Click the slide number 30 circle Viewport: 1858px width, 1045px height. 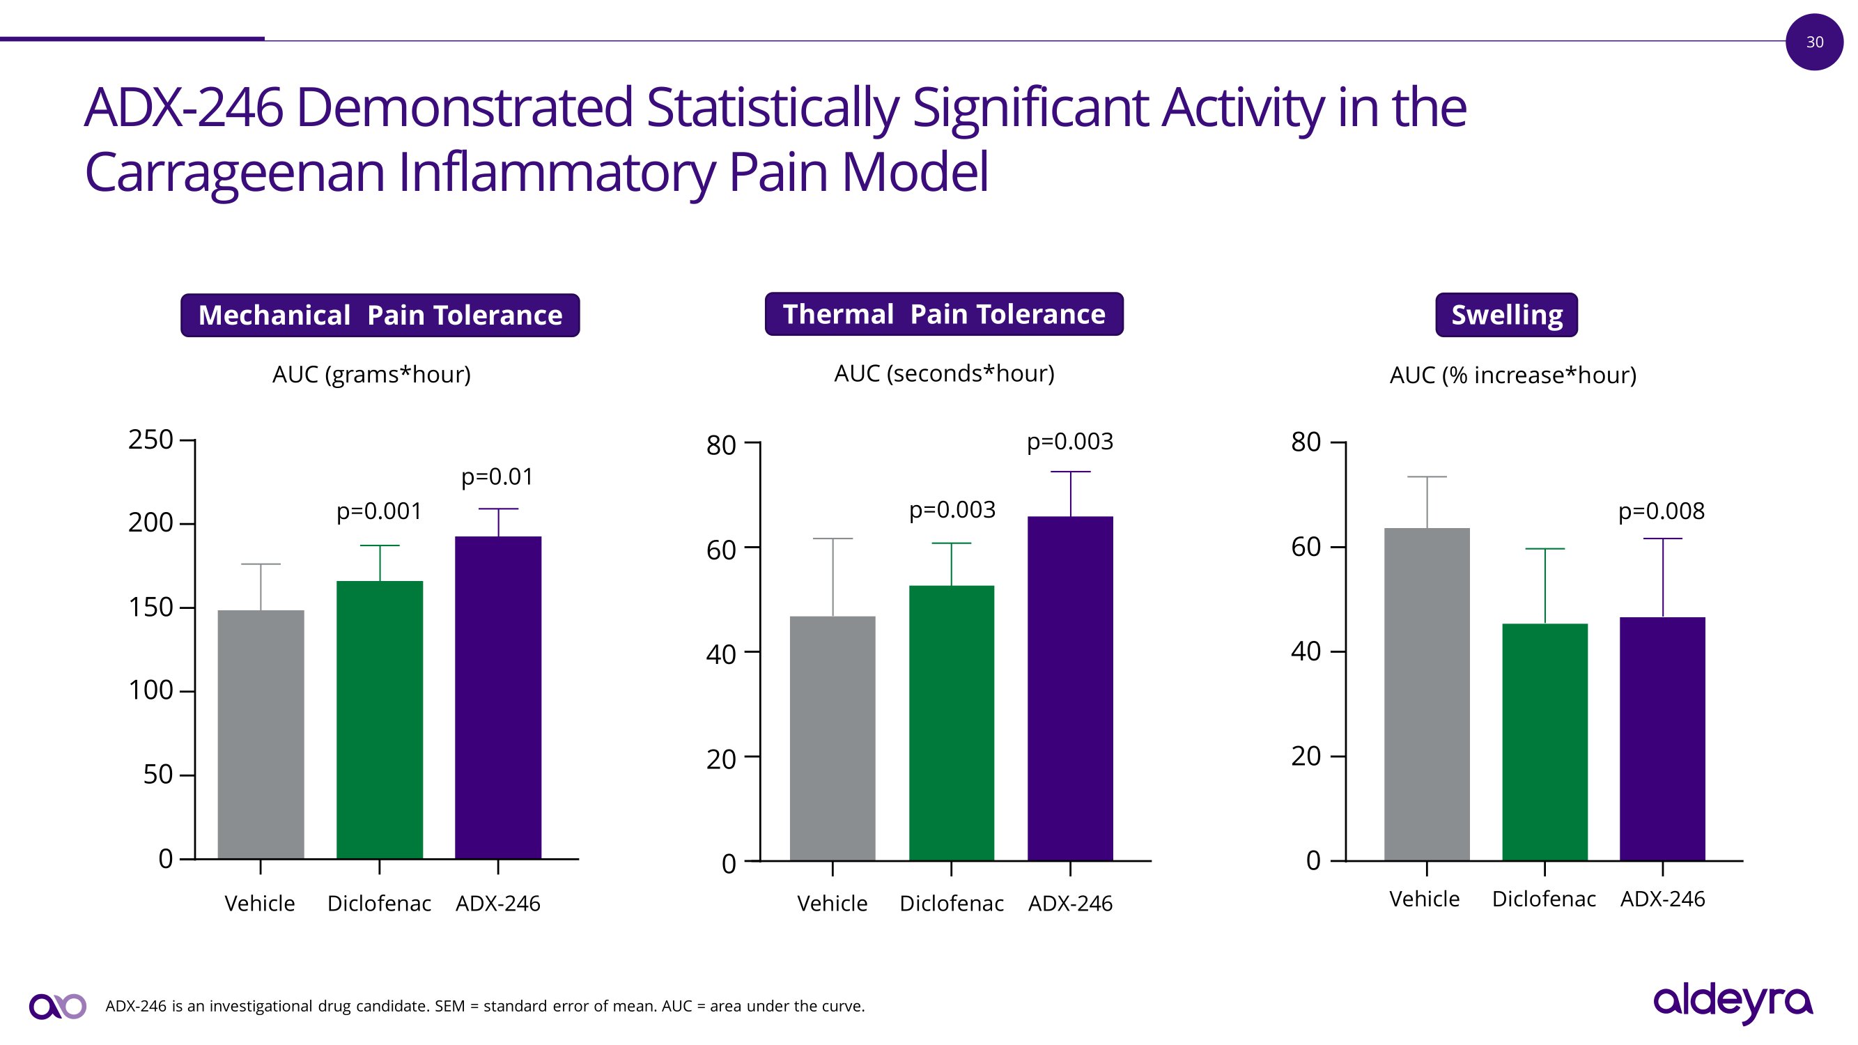point(1814,42)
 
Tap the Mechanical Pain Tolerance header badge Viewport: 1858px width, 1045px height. point(380,315)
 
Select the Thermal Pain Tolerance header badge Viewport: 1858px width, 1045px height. point(943,314)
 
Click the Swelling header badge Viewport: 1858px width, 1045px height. point(1506,315)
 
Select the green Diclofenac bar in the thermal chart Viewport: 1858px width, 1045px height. point(951,722)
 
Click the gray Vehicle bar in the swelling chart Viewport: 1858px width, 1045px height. point(1426,693)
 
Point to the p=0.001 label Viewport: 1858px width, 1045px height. point(379,511)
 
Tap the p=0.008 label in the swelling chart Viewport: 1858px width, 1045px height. point(1661,511)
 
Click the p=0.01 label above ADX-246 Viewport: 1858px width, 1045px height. point(497,477)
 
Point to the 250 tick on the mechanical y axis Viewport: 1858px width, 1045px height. point(150,439)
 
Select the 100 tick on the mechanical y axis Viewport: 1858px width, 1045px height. point(150,690)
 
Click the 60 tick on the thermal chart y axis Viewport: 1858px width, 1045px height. point(720,550)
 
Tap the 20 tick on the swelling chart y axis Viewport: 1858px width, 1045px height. point(1306,756)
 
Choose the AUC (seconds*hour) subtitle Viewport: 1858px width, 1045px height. point(943,373)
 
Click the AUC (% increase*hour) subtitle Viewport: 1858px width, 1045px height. point(1512,375)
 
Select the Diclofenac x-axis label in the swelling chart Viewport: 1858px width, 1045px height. point(1544,899)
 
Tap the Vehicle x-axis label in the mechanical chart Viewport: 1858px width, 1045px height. point(260,903)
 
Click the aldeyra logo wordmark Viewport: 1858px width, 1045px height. point(1733,1001)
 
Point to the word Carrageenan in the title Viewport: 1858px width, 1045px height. point(234,173)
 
